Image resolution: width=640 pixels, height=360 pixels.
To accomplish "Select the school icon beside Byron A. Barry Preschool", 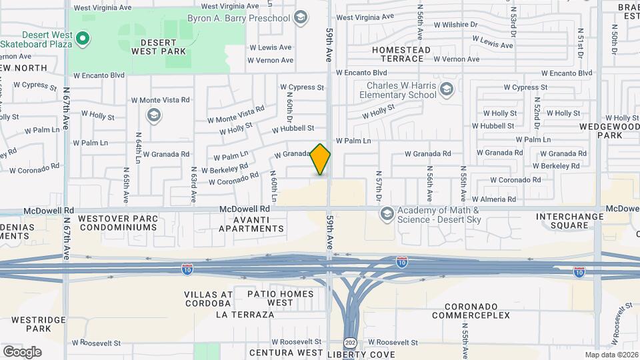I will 301,17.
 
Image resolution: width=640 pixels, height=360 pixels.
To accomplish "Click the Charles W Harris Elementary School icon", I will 446,89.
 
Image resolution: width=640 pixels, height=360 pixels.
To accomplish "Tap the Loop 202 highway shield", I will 350,342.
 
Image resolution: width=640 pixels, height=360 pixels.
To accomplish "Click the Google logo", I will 22,351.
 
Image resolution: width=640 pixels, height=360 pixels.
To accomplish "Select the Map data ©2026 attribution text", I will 611,355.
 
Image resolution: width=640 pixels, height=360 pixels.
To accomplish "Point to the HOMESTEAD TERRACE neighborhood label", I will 402,54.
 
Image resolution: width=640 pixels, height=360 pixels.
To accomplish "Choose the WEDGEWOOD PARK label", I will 600,130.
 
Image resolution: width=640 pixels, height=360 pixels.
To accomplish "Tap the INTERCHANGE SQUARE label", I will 563,221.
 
